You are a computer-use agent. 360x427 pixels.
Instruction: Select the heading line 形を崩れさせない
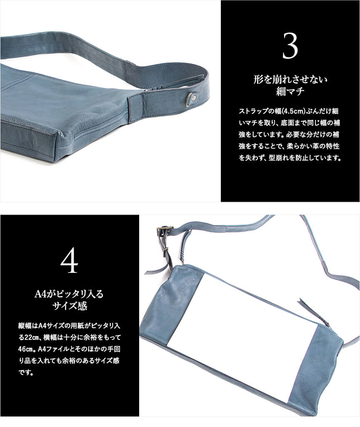pos(290,80)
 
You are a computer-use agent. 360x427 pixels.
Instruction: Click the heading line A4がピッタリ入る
pos(70,294)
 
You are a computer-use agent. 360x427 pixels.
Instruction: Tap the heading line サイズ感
pos(70,306)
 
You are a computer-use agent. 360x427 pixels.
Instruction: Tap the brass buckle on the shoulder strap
pos(165,231)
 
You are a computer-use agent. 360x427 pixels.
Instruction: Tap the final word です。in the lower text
pos(26,372)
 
